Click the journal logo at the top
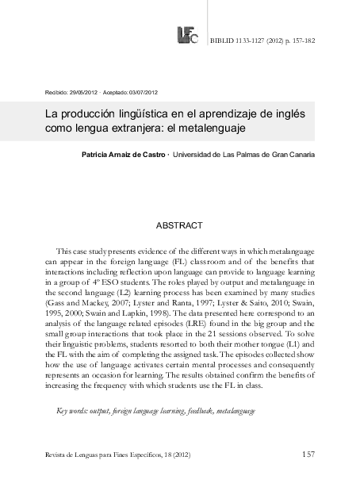(188, 36)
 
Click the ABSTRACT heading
(179, 226)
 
